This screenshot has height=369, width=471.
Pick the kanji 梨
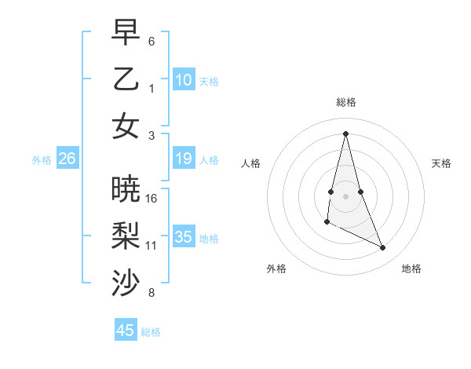[126, 236]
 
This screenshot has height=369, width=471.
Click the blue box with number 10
[184, 79]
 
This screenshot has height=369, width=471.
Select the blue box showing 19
[184, 159]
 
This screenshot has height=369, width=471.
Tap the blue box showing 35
[184, 237]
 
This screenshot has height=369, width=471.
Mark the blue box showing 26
[68, 159]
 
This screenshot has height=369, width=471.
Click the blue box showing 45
[126, 331]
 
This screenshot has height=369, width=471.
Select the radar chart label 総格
[346, 102]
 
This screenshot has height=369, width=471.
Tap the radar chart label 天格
[442, 163]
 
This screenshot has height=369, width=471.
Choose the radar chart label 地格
[411, 269]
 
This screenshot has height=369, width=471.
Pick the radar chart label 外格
[276, 269]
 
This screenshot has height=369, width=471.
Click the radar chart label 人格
[250, 163]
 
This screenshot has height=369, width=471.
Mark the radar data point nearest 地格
[383, 247]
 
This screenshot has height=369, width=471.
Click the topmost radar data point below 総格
[345, 133]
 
